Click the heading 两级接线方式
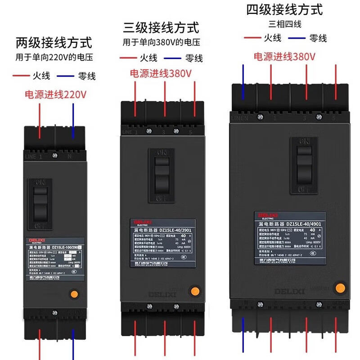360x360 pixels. coord(54,43)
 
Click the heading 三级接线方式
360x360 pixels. coord(161,27)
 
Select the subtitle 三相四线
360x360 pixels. coord(284,24)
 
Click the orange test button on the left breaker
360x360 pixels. coord(74,295)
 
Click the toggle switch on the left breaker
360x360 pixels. coord(41,201)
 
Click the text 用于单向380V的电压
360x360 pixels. coord(161,43)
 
